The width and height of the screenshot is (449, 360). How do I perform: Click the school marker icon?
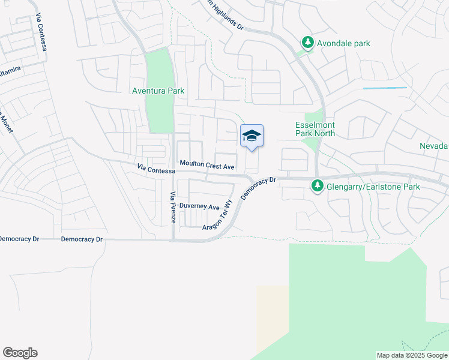pos(252,136)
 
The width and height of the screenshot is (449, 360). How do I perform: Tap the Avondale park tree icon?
pos(308,43)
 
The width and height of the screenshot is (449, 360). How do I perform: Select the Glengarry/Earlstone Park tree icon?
pos(318,187)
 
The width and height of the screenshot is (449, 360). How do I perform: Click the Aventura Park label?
pos(158,91)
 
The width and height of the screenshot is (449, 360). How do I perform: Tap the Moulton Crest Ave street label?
pos(207,164)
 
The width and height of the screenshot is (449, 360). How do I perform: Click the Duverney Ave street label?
pos(200,206)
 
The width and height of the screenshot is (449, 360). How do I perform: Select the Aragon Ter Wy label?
pos(217,215)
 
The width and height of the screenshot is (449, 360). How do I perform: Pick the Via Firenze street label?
pos(173,207)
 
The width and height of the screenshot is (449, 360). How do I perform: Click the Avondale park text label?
pos(344,43)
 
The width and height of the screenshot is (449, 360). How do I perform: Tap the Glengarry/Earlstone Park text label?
pos(373,187)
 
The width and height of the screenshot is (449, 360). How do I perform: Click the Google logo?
pos(20,353)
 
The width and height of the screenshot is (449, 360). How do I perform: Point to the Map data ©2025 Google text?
pos(411,355)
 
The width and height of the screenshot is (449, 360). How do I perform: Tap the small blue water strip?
pos(385,88)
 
